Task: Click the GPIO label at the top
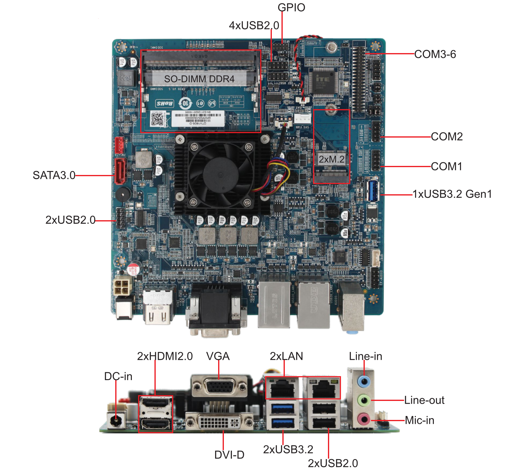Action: (x=291, y=8)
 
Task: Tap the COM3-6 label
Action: (x=435, y=54)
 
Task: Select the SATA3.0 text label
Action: (x=54, y=175)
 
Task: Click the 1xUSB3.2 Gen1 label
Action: (x=452, y=194)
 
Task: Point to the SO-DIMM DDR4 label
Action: (x=199, y=79)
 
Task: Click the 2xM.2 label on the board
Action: (x=332, y=159)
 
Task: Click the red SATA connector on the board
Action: (x=120, y=171)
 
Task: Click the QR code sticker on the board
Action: (x=157, y=119)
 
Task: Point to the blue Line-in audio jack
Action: (x=364, y=382)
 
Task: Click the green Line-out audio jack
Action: (x=364, y=401)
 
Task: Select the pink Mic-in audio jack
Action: (x=364, y=419)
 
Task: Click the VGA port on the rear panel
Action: (x=219, y=387)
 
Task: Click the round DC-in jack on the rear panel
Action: (x=116, y=420)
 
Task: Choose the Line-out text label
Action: (x=424, y=400)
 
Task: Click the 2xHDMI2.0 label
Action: (x=165, y=356)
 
